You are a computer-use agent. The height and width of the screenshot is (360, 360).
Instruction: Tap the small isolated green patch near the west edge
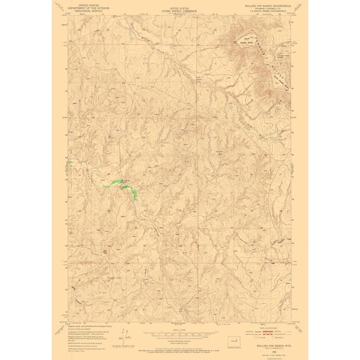point(71,163)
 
